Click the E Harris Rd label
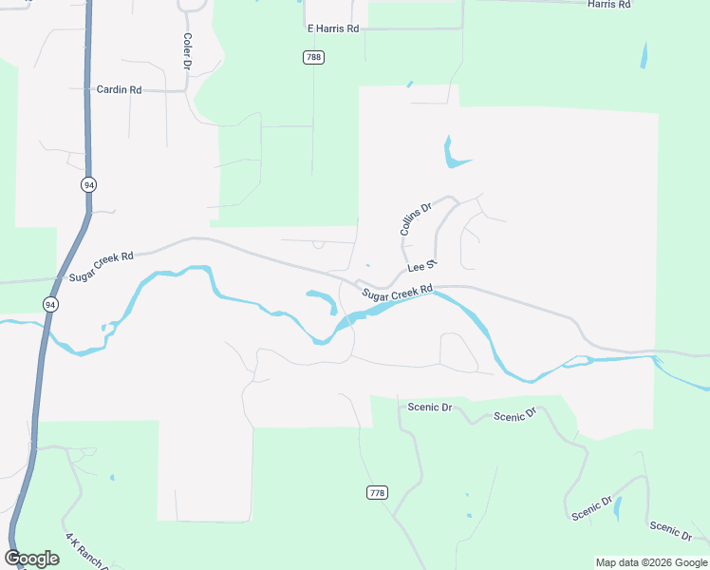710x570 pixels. click(333, 28)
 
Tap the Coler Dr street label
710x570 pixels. click(187, 52)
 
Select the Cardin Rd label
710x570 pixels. click(119, 89)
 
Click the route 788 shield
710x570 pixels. click(314, 58)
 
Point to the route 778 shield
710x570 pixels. click(377, 492)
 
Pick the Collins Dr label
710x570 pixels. click(415, 218)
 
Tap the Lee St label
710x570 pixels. click(420, 266)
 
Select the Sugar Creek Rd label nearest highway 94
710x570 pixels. click(102, 267)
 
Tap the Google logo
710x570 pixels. click(31, 559)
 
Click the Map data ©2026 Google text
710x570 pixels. click(650, 562)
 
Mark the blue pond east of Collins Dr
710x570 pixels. click(452, 155)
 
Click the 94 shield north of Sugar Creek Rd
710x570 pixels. click(88, 184)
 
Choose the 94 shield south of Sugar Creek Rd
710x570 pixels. click(49, 304)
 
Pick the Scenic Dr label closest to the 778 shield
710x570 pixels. click(429, 407)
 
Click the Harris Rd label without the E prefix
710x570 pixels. click(608, 5)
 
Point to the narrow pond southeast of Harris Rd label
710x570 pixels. click(645, 55)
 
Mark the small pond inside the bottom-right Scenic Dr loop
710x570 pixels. click(618, 508)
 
